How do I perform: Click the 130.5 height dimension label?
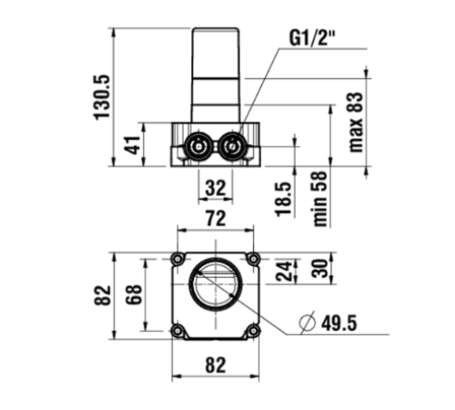point(102,97)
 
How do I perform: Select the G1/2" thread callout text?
point(312,38)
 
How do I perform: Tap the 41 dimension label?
point(134,145)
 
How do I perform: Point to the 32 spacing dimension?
point(216,188)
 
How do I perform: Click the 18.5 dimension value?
point(283,200)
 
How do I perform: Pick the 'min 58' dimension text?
point(320,199)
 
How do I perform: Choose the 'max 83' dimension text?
point(356,122)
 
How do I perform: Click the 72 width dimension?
point(216,218)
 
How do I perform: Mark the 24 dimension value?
point(284,271)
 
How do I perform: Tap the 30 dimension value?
point(320,268)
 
